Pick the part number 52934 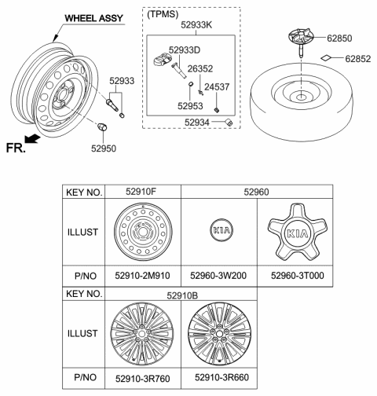click(199, 122)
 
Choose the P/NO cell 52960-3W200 click(219, 276)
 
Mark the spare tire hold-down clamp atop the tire click(299, 39)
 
